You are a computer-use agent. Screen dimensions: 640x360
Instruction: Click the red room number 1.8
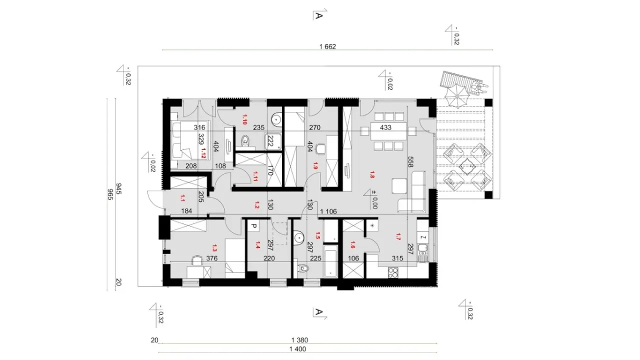pyautogui.click(x=371, y=174)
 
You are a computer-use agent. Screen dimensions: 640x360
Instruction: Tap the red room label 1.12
pyautogui.click(x=203, y=153)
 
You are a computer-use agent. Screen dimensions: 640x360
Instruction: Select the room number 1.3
pyautogui.click(x=214, y=247)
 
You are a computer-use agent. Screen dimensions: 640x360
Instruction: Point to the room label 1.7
pyautogui.click(x=398, y=236)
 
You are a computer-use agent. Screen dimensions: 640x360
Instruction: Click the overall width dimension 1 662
pyautogui.click(x=327, y=46)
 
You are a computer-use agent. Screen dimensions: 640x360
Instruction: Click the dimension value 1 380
pyautogui.click(x=299, y=340)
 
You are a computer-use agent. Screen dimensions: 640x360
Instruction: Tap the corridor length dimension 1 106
pyautogui.click(x=328, y=211)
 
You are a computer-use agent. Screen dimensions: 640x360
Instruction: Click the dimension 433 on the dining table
pyautogui.click(x=385, y=127)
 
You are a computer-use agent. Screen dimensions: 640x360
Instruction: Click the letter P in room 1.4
pyautogui.click(x=253, y=226)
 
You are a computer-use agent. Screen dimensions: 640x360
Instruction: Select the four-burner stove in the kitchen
pyautogui.click(x=393, y=272)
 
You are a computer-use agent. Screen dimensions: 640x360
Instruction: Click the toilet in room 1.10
pyautogui.click(x=245, y=141)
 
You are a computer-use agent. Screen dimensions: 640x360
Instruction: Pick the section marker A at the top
pyautogui.click(x=319, y=15)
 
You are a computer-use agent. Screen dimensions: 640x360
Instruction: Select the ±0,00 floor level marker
pyautogui.click(x=371, y=198)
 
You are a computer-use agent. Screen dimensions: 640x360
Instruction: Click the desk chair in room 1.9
pyautogui.click(x=320, y=149)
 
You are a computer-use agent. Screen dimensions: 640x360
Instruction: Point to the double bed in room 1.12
pyautogui.click(x=190, y=139)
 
